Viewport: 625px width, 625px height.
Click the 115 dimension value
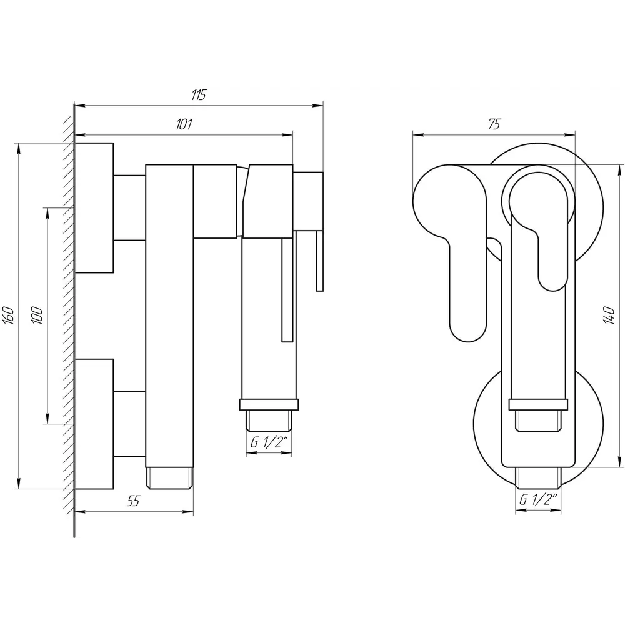[x=199, y=95]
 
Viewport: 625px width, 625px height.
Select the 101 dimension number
[x=184, y=124]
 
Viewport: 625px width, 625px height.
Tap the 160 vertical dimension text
[x=9, y=316]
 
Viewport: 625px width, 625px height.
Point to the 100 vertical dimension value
[x=37, y=316]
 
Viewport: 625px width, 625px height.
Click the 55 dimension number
[x=134, y=501]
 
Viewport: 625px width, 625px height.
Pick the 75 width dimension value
[x=494, y=124]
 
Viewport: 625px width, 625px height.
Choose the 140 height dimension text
[x=608, y=315]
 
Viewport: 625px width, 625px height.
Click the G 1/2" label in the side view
[x=269, y=443]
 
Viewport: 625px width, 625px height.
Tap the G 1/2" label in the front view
[x=538, y=500]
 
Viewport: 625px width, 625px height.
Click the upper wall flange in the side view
[x=94, y=207]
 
